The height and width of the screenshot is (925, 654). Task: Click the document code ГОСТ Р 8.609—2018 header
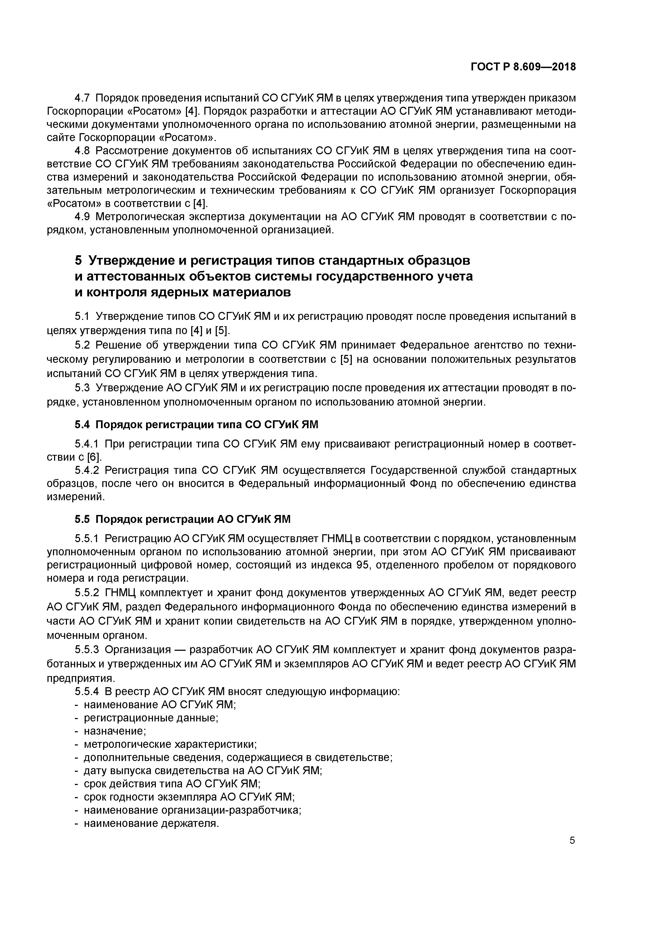point(523,67)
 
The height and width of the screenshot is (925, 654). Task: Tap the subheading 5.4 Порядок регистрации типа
point(196,425)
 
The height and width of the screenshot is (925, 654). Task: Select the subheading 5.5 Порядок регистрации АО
point(182,519)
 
